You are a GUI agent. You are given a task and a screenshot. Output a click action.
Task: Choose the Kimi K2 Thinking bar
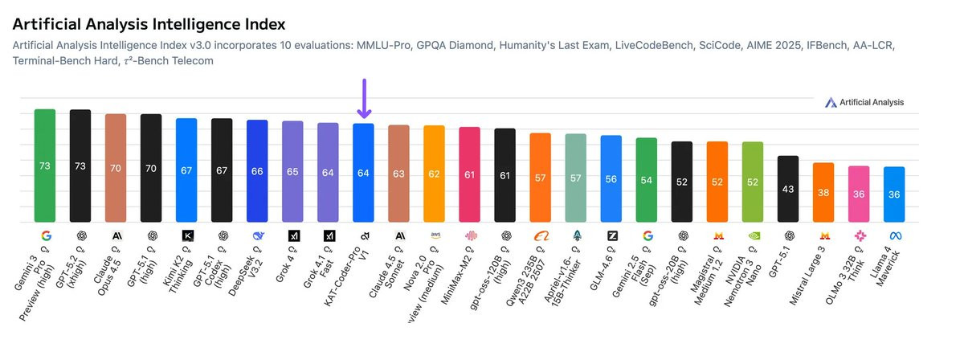pos(186,170)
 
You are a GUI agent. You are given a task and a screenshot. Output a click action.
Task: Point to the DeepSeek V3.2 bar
pos(257,170)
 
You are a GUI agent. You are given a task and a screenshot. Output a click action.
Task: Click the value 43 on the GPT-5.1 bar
pos(788,189)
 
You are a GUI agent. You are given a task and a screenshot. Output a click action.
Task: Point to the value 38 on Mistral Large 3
pos(823,193)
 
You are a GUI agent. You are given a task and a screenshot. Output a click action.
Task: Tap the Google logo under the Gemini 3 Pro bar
pos(45,235)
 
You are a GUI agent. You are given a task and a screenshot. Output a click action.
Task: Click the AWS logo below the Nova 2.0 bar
pos(435,235)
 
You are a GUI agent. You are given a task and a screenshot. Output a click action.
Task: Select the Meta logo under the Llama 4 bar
pos(894,235)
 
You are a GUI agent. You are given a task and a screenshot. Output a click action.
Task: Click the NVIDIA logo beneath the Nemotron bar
pos(753,235)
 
